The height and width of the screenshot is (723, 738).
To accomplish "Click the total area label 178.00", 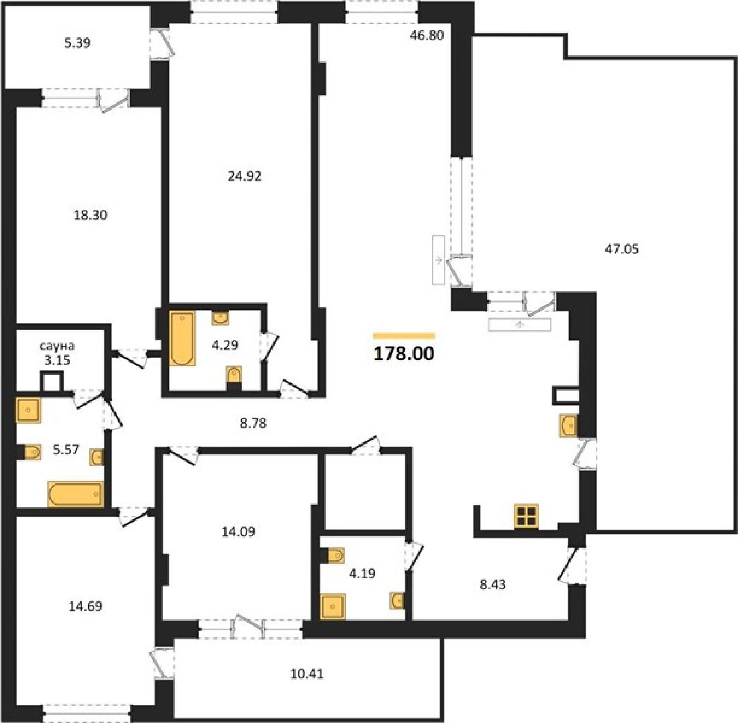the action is [x=404, y=354].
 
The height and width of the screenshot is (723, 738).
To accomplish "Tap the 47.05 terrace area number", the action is [x=621, y=249].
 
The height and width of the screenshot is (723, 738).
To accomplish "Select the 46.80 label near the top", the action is [x=427, y=35].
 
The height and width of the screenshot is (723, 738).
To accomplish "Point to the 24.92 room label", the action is [x=244, y=176].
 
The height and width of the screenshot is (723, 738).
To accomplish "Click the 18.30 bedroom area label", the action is [x=90, y=215].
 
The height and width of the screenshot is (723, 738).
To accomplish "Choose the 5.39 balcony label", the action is [x=77, y=43].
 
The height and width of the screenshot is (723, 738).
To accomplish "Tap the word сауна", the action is [x=57, y=346].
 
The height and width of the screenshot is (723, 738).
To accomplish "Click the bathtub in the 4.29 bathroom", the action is [x=182, y=338].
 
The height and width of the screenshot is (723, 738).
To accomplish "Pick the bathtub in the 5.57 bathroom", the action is [x=75, y=494].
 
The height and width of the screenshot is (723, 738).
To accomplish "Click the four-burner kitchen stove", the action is [x=526, y=516].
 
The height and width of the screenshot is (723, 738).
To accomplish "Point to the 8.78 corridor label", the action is [x=253, y=423].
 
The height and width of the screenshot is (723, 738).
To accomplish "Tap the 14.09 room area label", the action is [x=238, y=532].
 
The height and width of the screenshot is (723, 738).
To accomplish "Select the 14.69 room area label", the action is [x=85, y=606].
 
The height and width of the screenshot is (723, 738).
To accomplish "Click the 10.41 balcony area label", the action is [x=307, y=674].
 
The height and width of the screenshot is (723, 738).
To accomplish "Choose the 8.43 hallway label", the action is [x=493, y=584].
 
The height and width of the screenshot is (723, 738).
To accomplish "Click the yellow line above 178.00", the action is [x=404, y=336].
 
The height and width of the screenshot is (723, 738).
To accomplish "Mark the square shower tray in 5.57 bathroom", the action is [x=29, y=410].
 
